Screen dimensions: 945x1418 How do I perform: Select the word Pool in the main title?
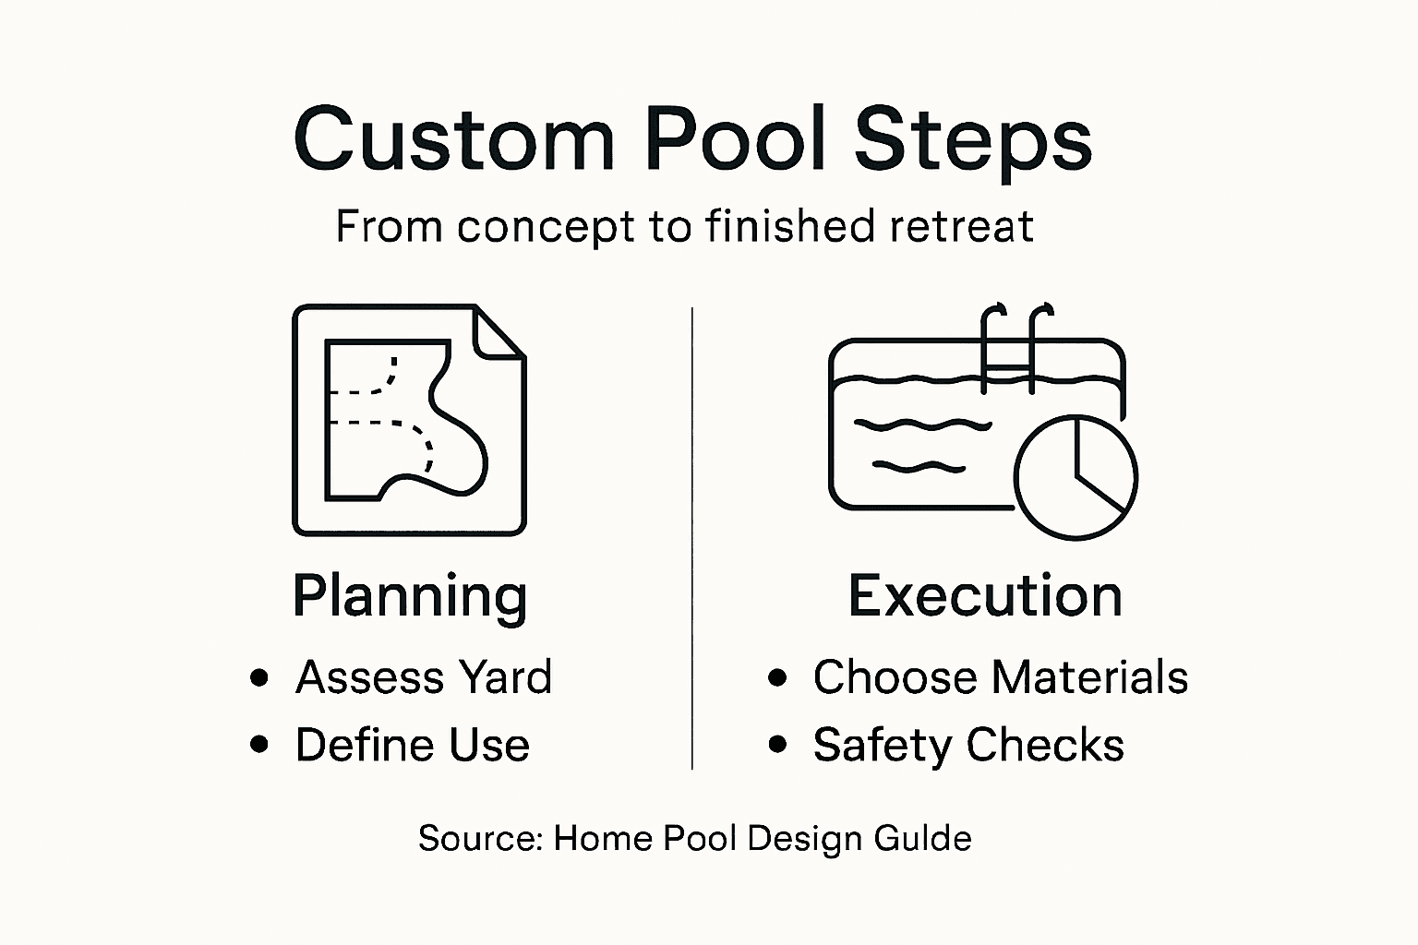click(735, 138)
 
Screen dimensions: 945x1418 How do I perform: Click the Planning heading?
click(410, 596)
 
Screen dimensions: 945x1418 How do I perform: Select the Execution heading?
click(985, 596)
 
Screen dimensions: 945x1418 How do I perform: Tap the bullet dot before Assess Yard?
click(259, 678)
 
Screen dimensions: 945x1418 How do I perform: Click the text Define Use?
click(412, 745)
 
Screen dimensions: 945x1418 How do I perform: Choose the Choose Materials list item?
click(1000, 677)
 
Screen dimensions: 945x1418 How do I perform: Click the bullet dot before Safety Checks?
click(777, 745)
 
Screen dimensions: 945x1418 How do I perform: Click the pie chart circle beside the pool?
click(1076, 477)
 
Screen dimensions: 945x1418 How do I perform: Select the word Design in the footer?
click(791, 839)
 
